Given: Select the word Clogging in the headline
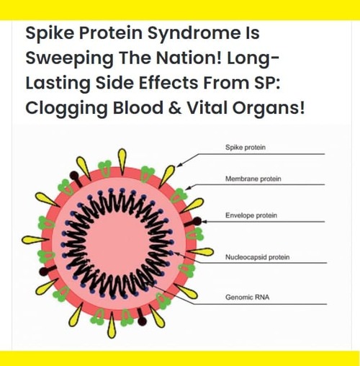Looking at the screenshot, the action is click(x=66, y=108).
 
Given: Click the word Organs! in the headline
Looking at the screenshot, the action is click(x=269, y=108).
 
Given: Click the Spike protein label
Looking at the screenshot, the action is click(x=246, y=147).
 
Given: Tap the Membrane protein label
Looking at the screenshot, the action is click(x=253, y=179).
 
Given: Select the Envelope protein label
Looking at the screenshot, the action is click(x=251, y=215).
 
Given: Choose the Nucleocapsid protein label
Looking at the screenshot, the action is click(x=257, y=257).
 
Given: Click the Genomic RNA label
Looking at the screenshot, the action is click(x=247, y=298).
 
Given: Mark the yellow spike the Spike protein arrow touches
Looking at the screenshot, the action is click(x=167, y=177).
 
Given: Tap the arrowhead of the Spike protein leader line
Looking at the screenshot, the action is click(x=179, y=165).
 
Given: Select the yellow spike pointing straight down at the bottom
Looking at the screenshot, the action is click(x=112, y=325).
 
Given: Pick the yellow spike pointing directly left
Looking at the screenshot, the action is click(x=35, y=240).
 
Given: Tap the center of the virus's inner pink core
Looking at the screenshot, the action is click(x=117, y=244).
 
